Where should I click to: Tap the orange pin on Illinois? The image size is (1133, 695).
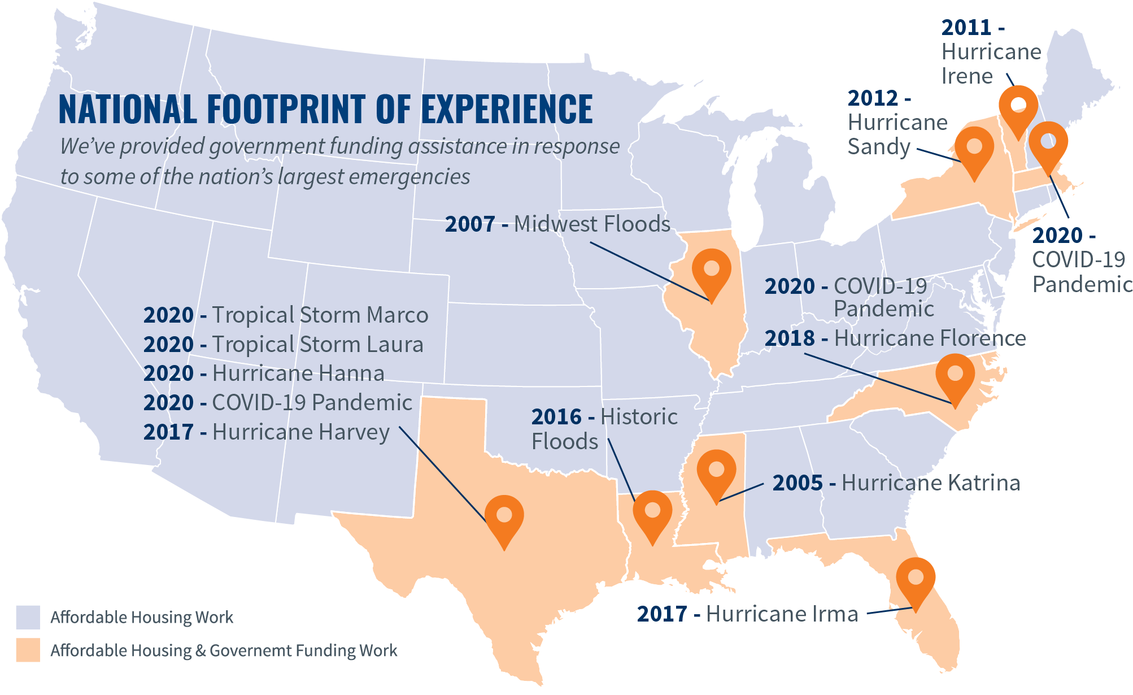(x=711, y=271)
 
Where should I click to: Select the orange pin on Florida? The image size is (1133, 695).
(x=916, y=580)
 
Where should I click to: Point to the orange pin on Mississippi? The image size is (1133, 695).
(x=716, y=472)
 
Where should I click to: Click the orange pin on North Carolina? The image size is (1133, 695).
(x=955, y=376)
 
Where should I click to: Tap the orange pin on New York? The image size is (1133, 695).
(x=974, y=149)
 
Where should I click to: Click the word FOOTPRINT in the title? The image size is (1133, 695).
(x=287, y=109)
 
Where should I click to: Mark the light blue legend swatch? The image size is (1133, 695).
(x=28, y=617)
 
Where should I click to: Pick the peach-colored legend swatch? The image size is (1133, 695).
(x=28, y=650)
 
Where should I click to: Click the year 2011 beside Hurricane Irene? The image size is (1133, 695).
(x=966, y=27)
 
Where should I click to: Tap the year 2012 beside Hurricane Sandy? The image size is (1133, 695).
(x=873, y=98)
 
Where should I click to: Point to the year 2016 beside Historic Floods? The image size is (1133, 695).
(x=556, y=417)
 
